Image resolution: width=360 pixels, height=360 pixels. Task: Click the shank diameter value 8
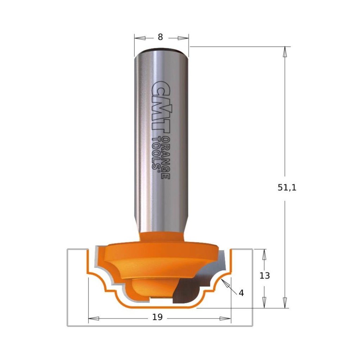point(160,37)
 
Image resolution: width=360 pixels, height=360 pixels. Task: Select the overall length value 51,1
point(287,188)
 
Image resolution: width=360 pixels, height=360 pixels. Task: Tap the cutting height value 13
point(264,276)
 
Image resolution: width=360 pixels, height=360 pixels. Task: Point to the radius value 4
point(241,293)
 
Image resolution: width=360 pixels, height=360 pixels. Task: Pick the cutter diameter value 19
point(157,317)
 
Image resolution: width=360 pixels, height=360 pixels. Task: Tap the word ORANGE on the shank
point(166,158)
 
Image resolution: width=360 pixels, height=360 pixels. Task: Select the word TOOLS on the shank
point(156,153)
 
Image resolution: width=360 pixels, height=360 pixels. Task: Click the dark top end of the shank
point(161,49)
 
